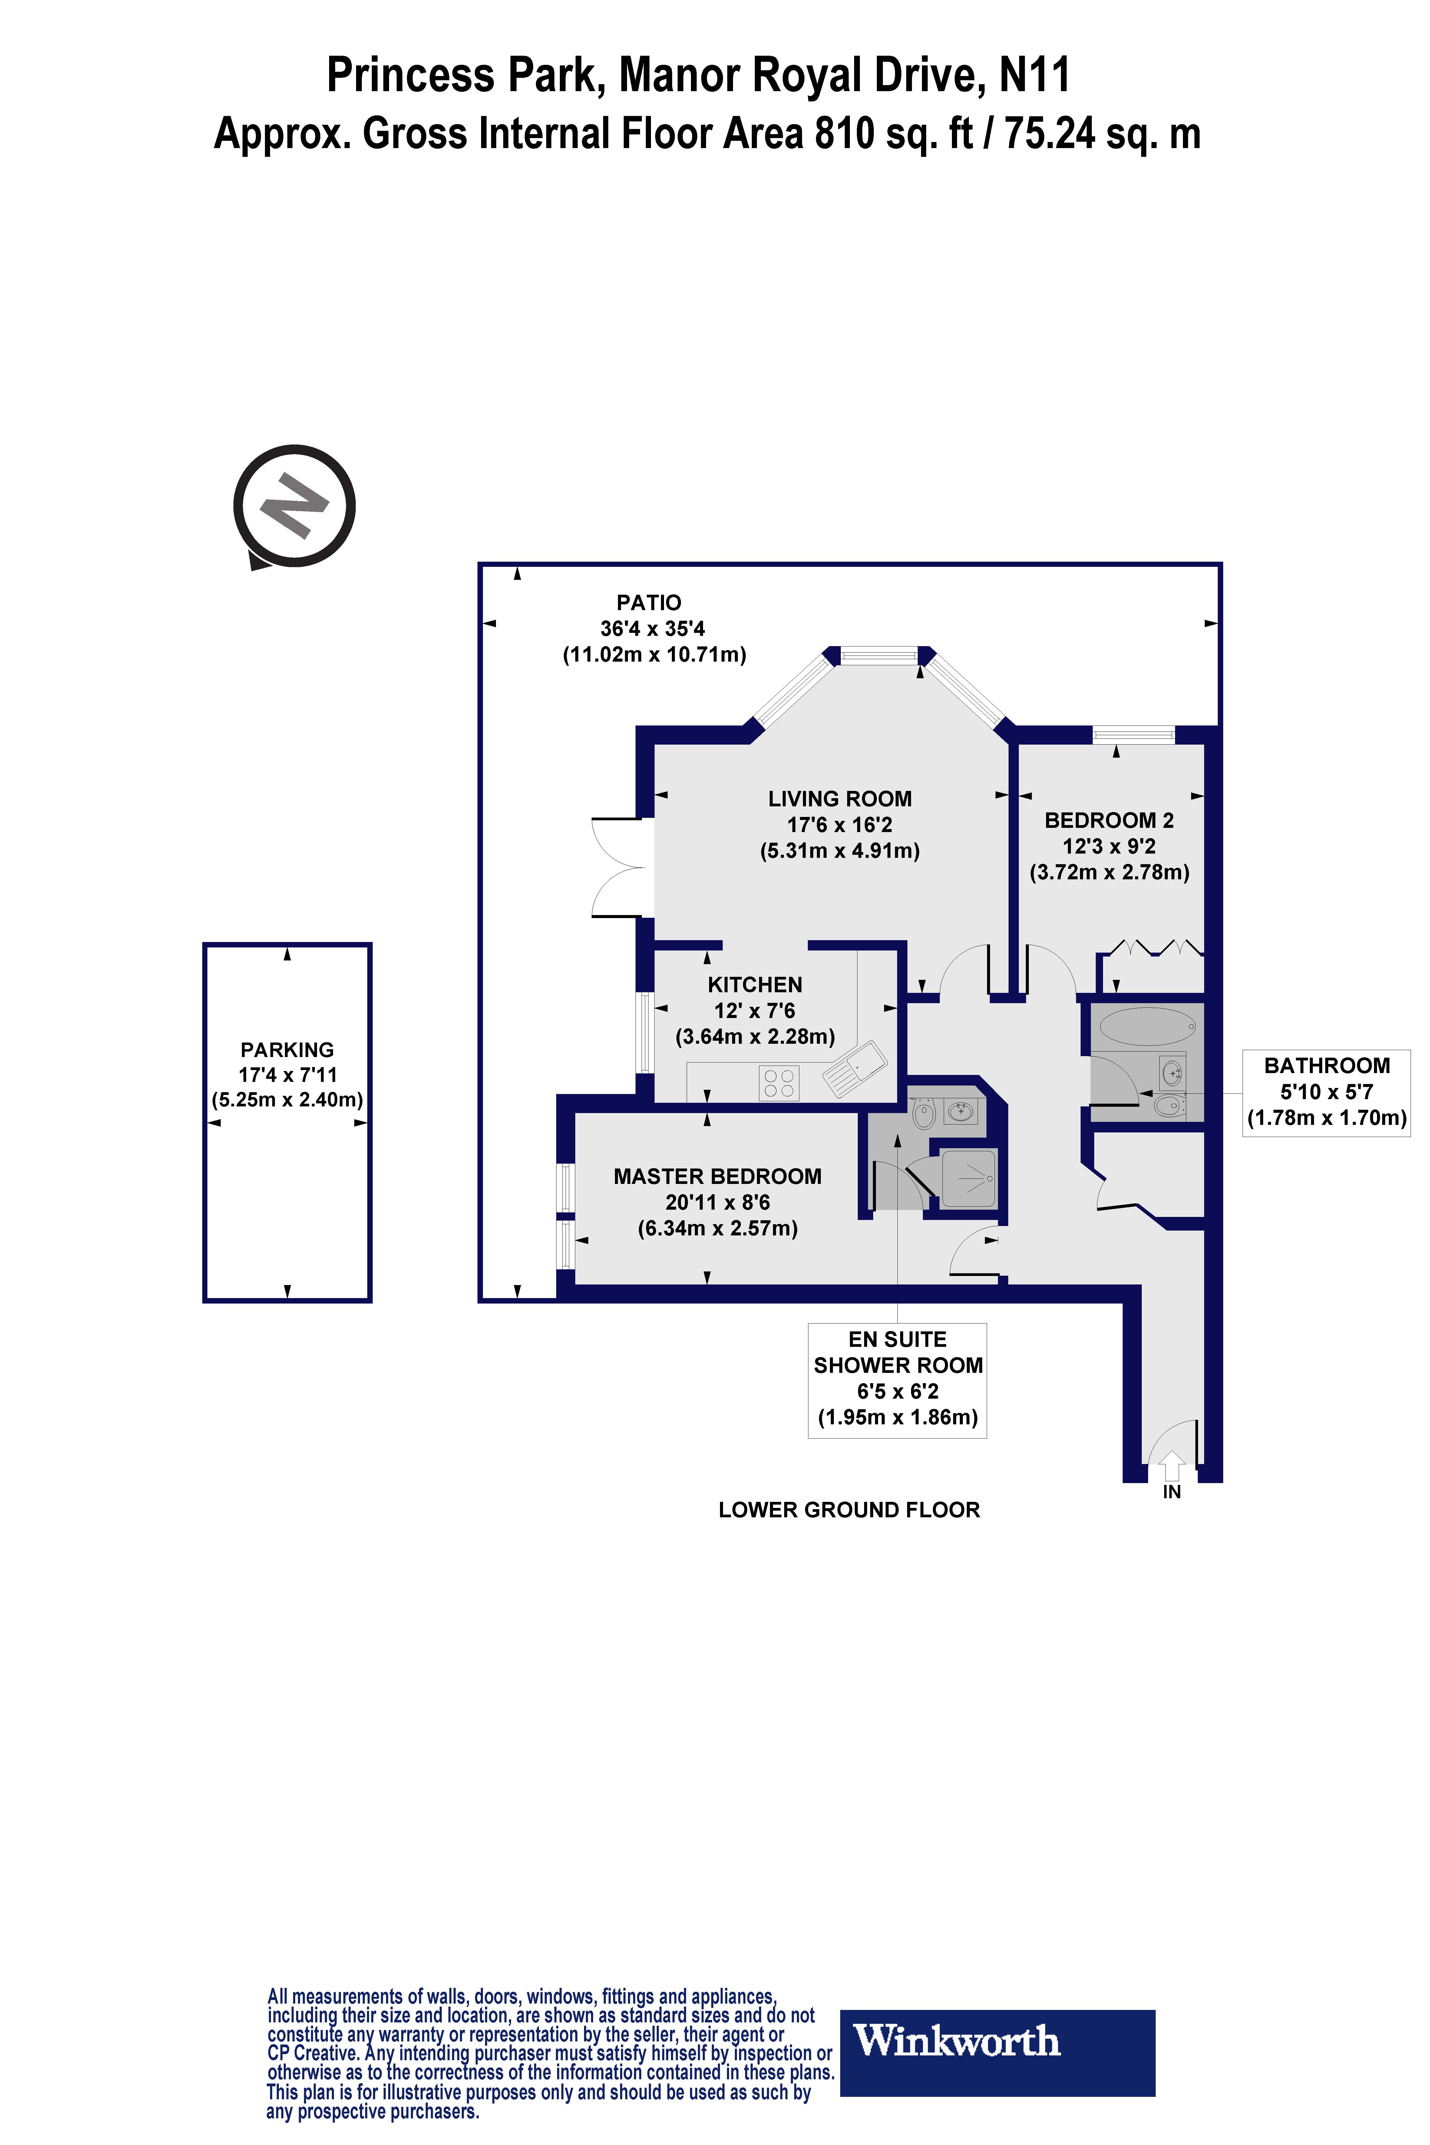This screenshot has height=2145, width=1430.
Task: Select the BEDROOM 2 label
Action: pos(1109,820)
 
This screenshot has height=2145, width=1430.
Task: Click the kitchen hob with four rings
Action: pos(779,1082)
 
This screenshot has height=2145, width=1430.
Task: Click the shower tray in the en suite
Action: pos(969,1178)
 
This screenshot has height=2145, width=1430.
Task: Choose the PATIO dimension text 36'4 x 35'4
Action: pos(652,628)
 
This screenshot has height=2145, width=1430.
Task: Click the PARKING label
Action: pos(287,1050)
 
